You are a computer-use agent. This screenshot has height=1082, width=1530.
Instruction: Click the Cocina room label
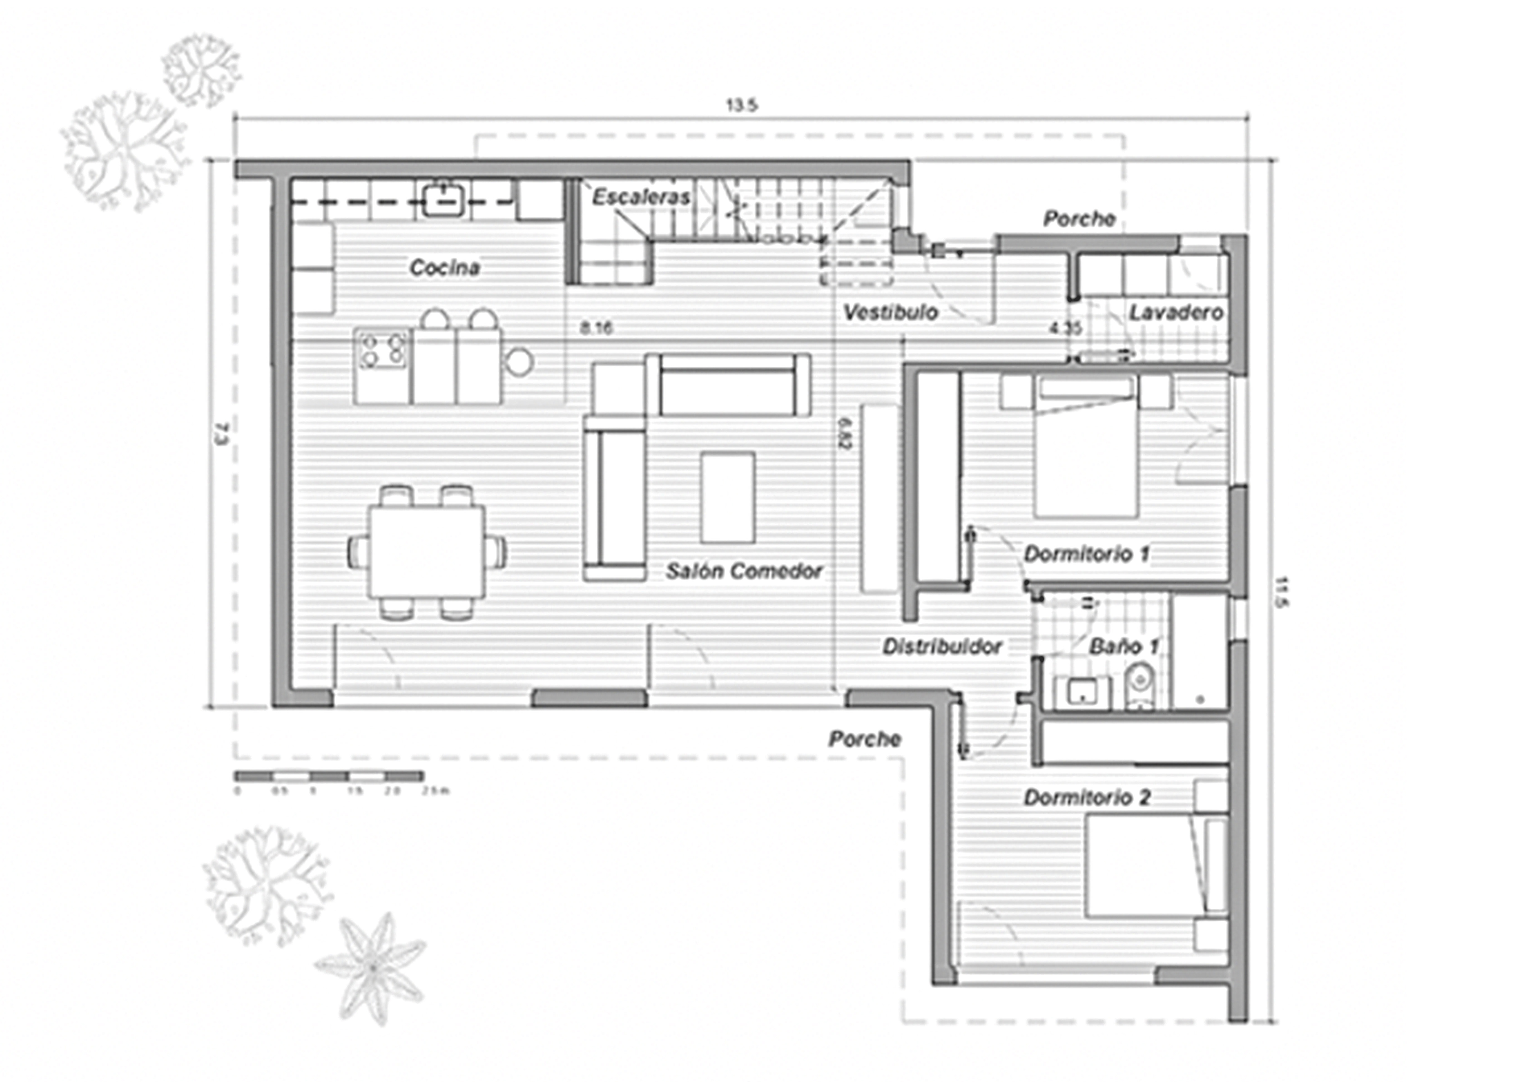(444, 268)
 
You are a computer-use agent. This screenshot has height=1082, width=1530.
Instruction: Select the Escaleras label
(641, 197)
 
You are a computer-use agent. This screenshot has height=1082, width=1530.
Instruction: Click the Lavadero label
(1176, 312)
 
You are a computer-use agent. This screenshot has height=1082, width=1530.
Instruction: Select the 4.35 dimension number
(1065, 328)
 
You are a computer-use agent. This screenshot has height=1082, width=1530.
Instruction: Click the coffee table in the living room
(728, 497)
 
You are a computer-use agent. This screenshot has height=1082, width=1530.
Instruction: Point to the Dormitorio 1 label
(1086, 554)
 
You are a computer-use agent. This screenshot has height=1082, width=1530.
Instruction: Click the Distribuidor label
(942, 646)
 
